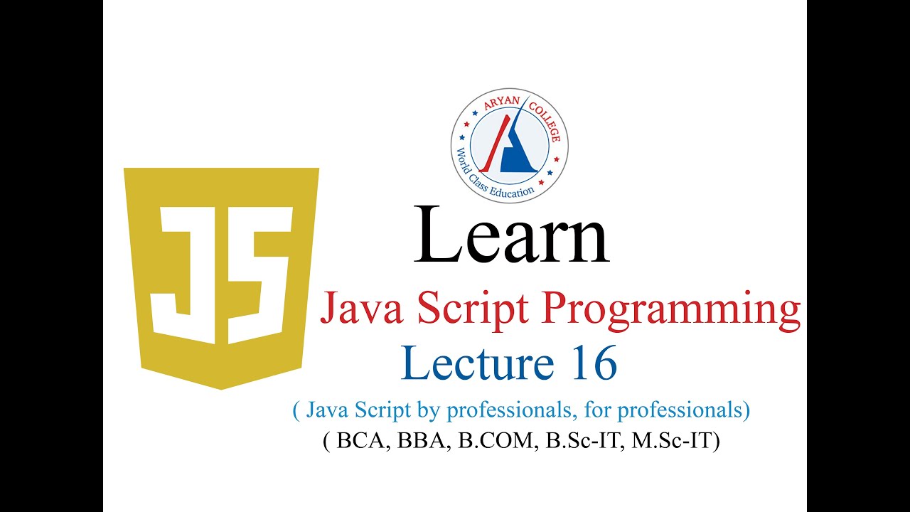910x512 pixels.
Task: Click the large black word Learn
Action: [x=511, y=234]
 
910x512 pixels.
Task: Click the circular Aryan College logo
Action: [x=510, y=146]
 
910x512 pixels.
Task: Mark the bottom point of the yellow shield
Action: [x=221, y=388]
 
